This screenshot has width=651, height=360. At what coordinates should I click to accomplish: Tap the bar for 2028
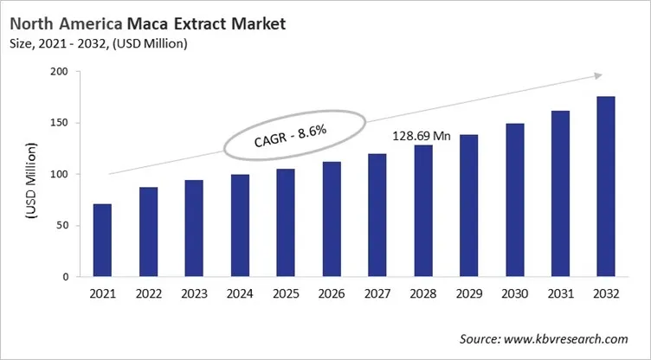click(x=422, y=211)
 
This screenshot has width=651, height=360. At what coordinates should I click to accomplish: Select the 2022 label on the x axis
click(x=148, y=294)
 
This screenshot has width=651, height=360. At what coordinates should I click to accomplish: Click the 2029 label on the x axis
click(x=468, y=294)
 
